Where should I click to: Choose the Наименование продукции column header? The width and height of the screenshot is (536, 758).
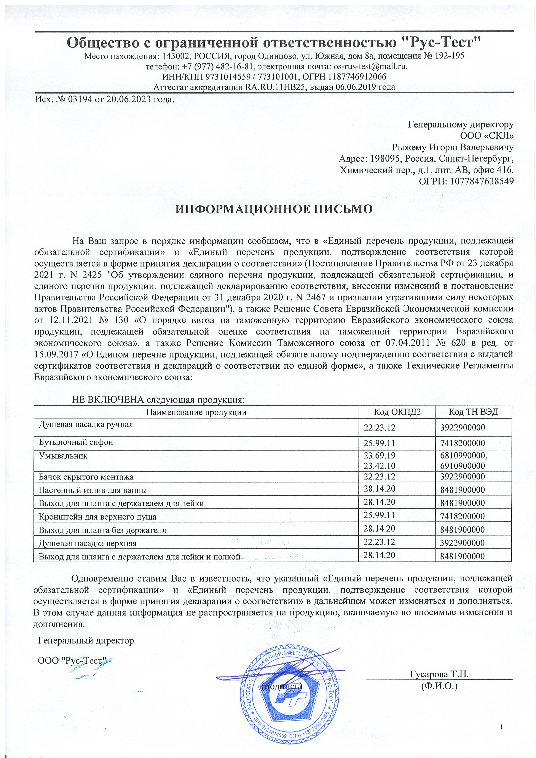pyautogui.click(x=196, y=412)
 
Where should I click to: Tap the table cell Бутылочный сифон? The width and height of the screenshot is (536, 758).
pyautogui.click(x=76, y=442)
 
